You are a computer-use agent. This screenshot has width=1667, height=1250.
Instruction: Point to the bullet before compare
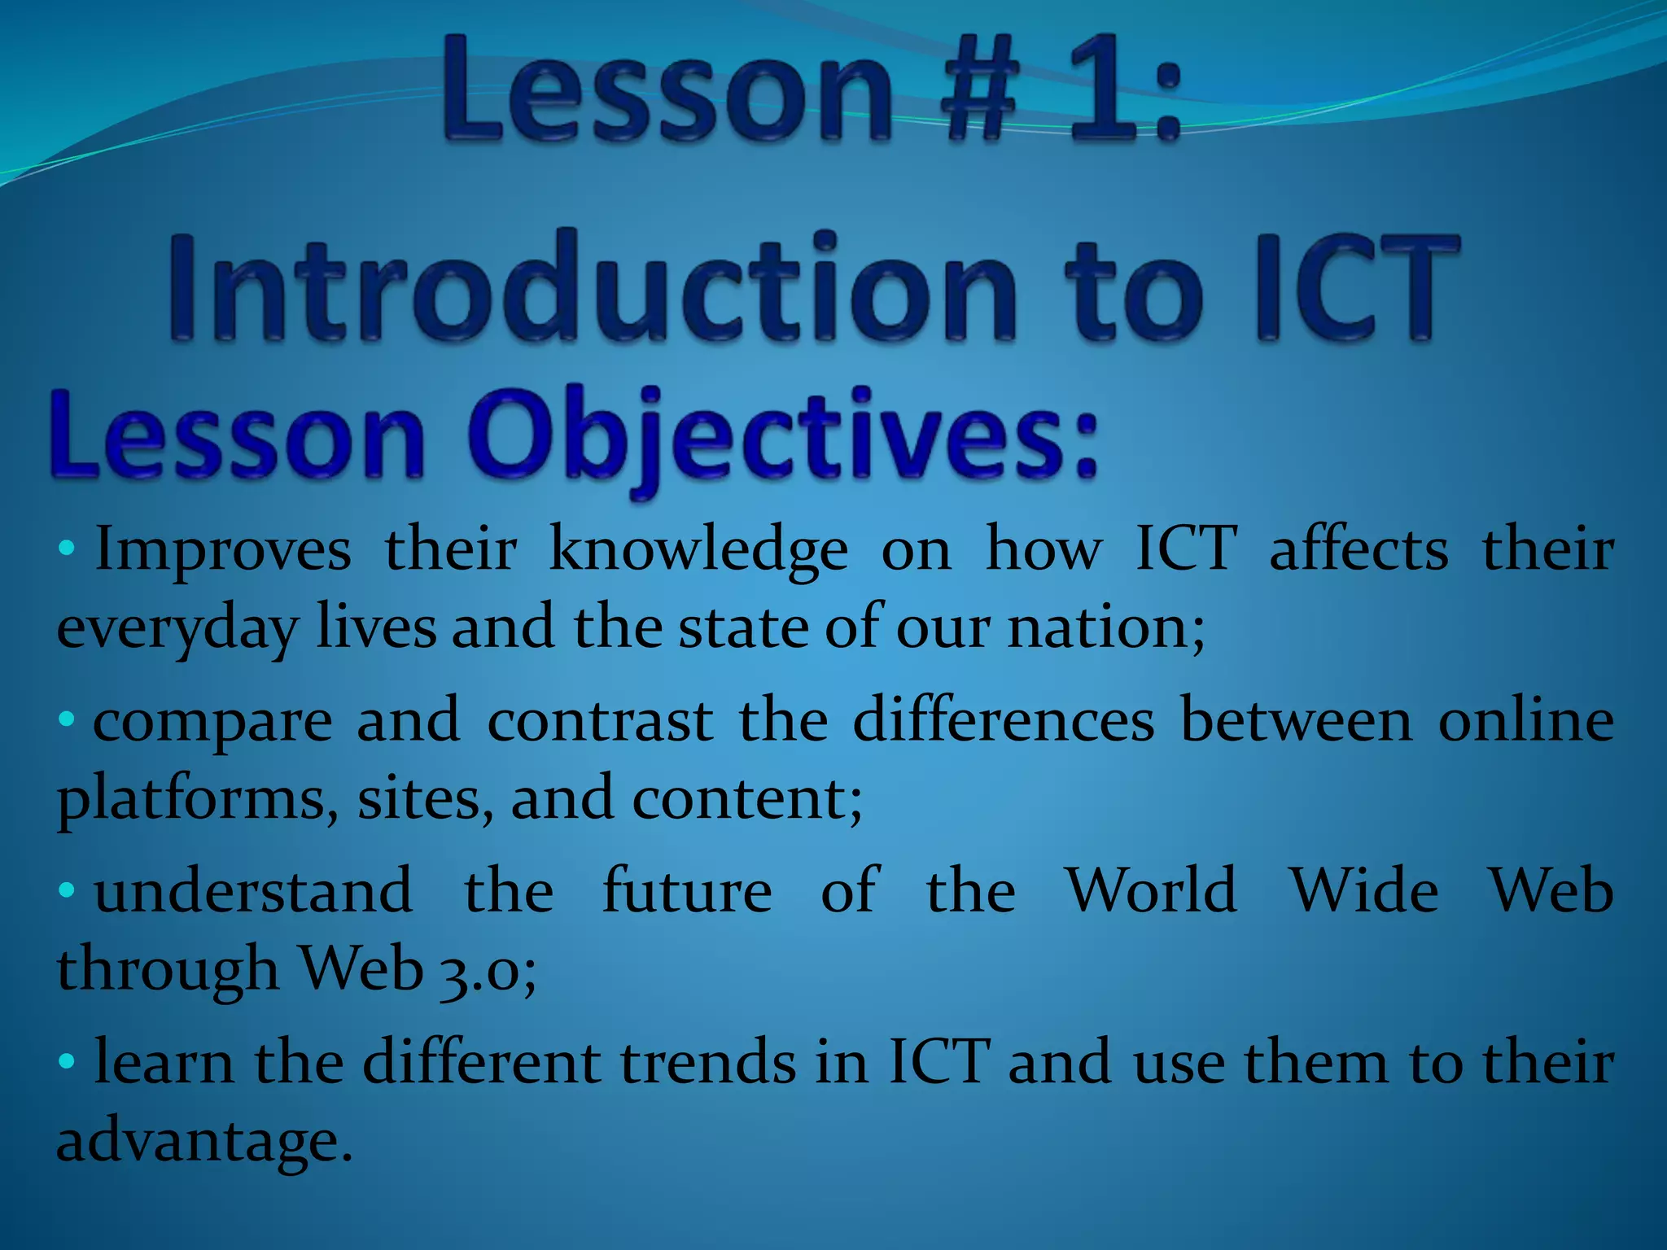[x=67, y=719]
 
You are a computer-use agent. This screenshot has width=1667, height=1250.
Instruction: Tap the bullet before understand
[x=67, y=889]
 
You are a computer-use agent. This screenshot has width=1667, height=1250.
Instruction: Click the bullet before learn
[x=67, y=1060]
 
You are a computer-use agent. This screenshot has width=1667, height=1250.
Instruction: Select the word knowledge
[x=698, y=552]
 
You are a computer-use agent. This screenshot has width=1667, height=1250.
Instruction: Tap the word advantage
[x=203, y=1141]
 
